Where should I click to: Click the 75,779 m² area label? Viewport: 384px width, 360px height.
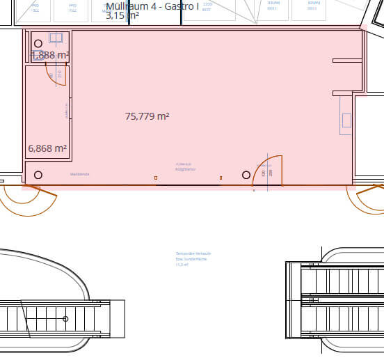point(147,117)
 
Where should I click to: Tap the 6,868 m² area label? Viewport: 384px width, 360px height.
point(47,148)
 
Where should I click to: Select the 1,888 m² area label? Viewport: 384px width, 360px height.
point(50,55)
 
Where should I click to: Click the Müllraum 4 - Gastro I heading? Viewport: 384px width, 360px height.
point(152,6)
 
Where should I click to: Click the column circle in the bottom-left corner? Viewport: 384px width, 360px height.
point(38,175)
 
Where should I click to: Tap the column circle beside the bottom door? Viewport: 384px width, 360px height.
point(246,175)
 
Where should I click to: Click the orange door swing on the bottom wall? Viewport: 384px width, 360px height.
point(269,169)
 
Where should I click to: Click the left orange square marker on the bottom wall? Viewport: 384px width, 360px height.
point(156,178)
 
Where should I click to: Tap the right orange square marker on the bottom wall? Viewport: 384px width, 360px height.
point(221,178)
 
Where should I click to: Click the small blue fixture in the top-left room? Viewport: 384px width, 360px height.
point(56,38)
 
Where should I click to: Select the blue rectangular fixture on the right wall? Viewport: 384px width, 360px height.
point(346,115)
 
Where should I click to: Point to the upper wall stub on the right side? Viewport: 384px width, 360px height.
point(347,61)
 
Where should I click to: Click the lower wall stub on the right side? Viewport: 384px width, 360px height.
point(347,93)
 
